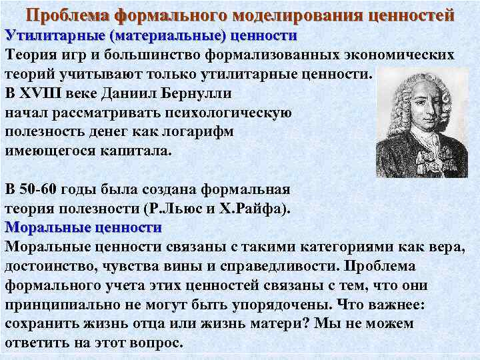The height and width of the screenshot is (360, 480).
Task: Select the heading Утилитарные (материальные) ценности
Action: pos(151,35)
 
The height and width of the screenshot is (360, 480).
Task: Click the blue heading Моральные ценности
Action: pos(83,227)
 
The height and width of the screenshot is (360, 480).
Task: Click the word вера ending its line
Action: pos(445,247)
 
